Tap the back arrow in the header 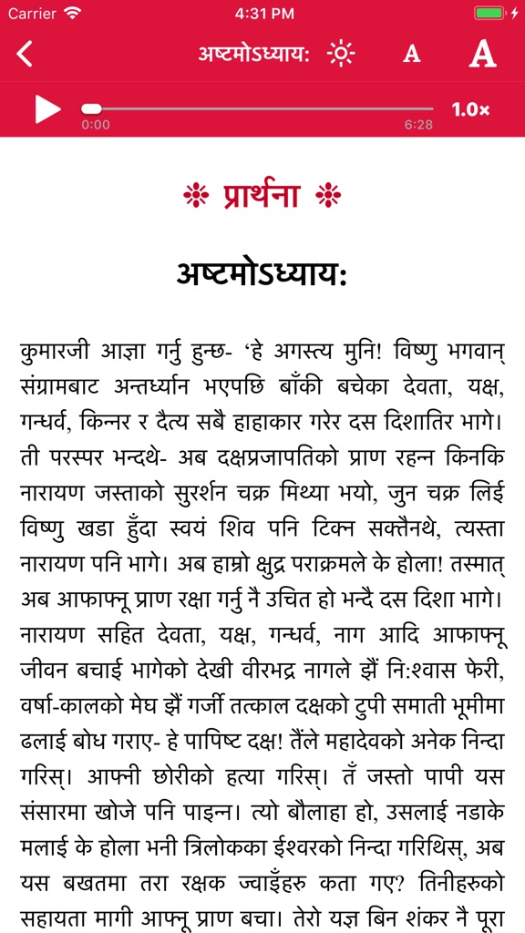coord(25,54)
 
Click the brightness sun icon coord(341,54)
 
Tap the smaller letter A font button coord(412,55)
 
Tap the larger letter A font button coord(482,54)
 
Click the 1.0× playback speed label coord(470,109)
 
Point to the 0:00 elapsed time coord(96,125)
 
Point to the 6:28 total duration coord(418,125)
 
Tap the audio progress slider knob coord(91,109)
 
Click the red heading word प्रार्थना coord(262,194)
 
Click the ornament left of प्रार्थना coord(196,194)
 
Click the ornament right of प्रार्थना coord(327,194)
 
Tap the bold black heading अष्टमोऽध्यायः coord(262,274)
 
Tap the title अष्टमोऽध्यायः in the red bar coord(254,54)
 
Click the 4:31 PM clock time coord(262,14)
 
